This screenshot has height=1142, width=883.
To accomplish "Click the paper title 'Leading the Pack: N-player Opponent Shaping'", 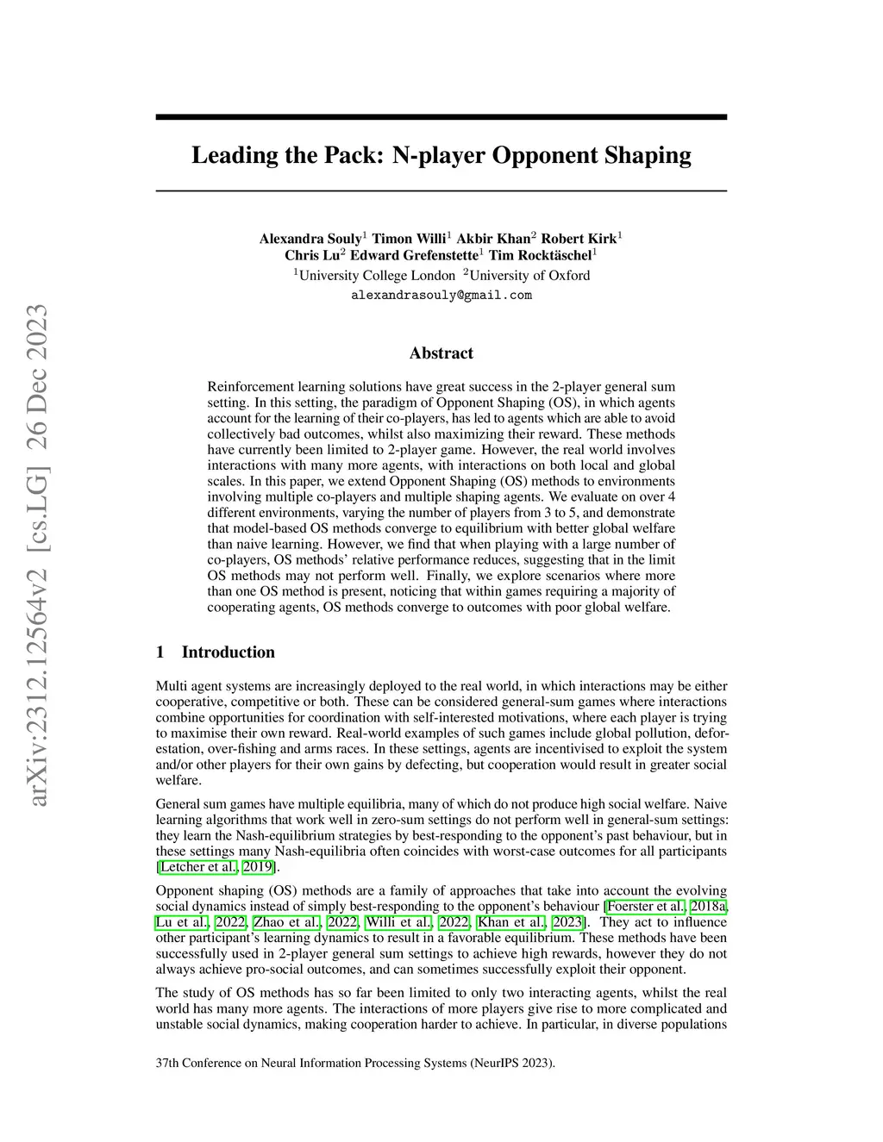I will (441, 156).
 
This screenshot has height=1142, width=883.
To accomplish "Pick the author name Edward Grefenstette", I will (415, 256).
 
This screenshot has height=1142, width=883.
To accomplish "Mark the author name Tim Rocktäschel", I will (541, 256).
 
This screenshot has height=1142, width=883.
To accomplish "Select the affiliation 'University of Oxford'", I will (529, 276).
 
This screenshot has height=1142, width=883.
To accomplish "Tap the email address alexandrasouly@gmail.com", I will (441, 296).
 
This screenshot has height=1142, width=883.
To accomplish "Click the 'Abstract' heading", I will (441, 353).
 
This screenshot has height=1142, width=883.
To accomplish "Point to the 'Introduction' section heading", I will (228, 652).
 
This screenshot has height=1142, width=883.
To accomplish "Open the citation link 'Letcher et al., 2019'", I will (217, 867).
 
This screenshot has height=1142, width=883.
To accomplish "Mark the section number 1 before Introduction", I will (160, 652).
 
